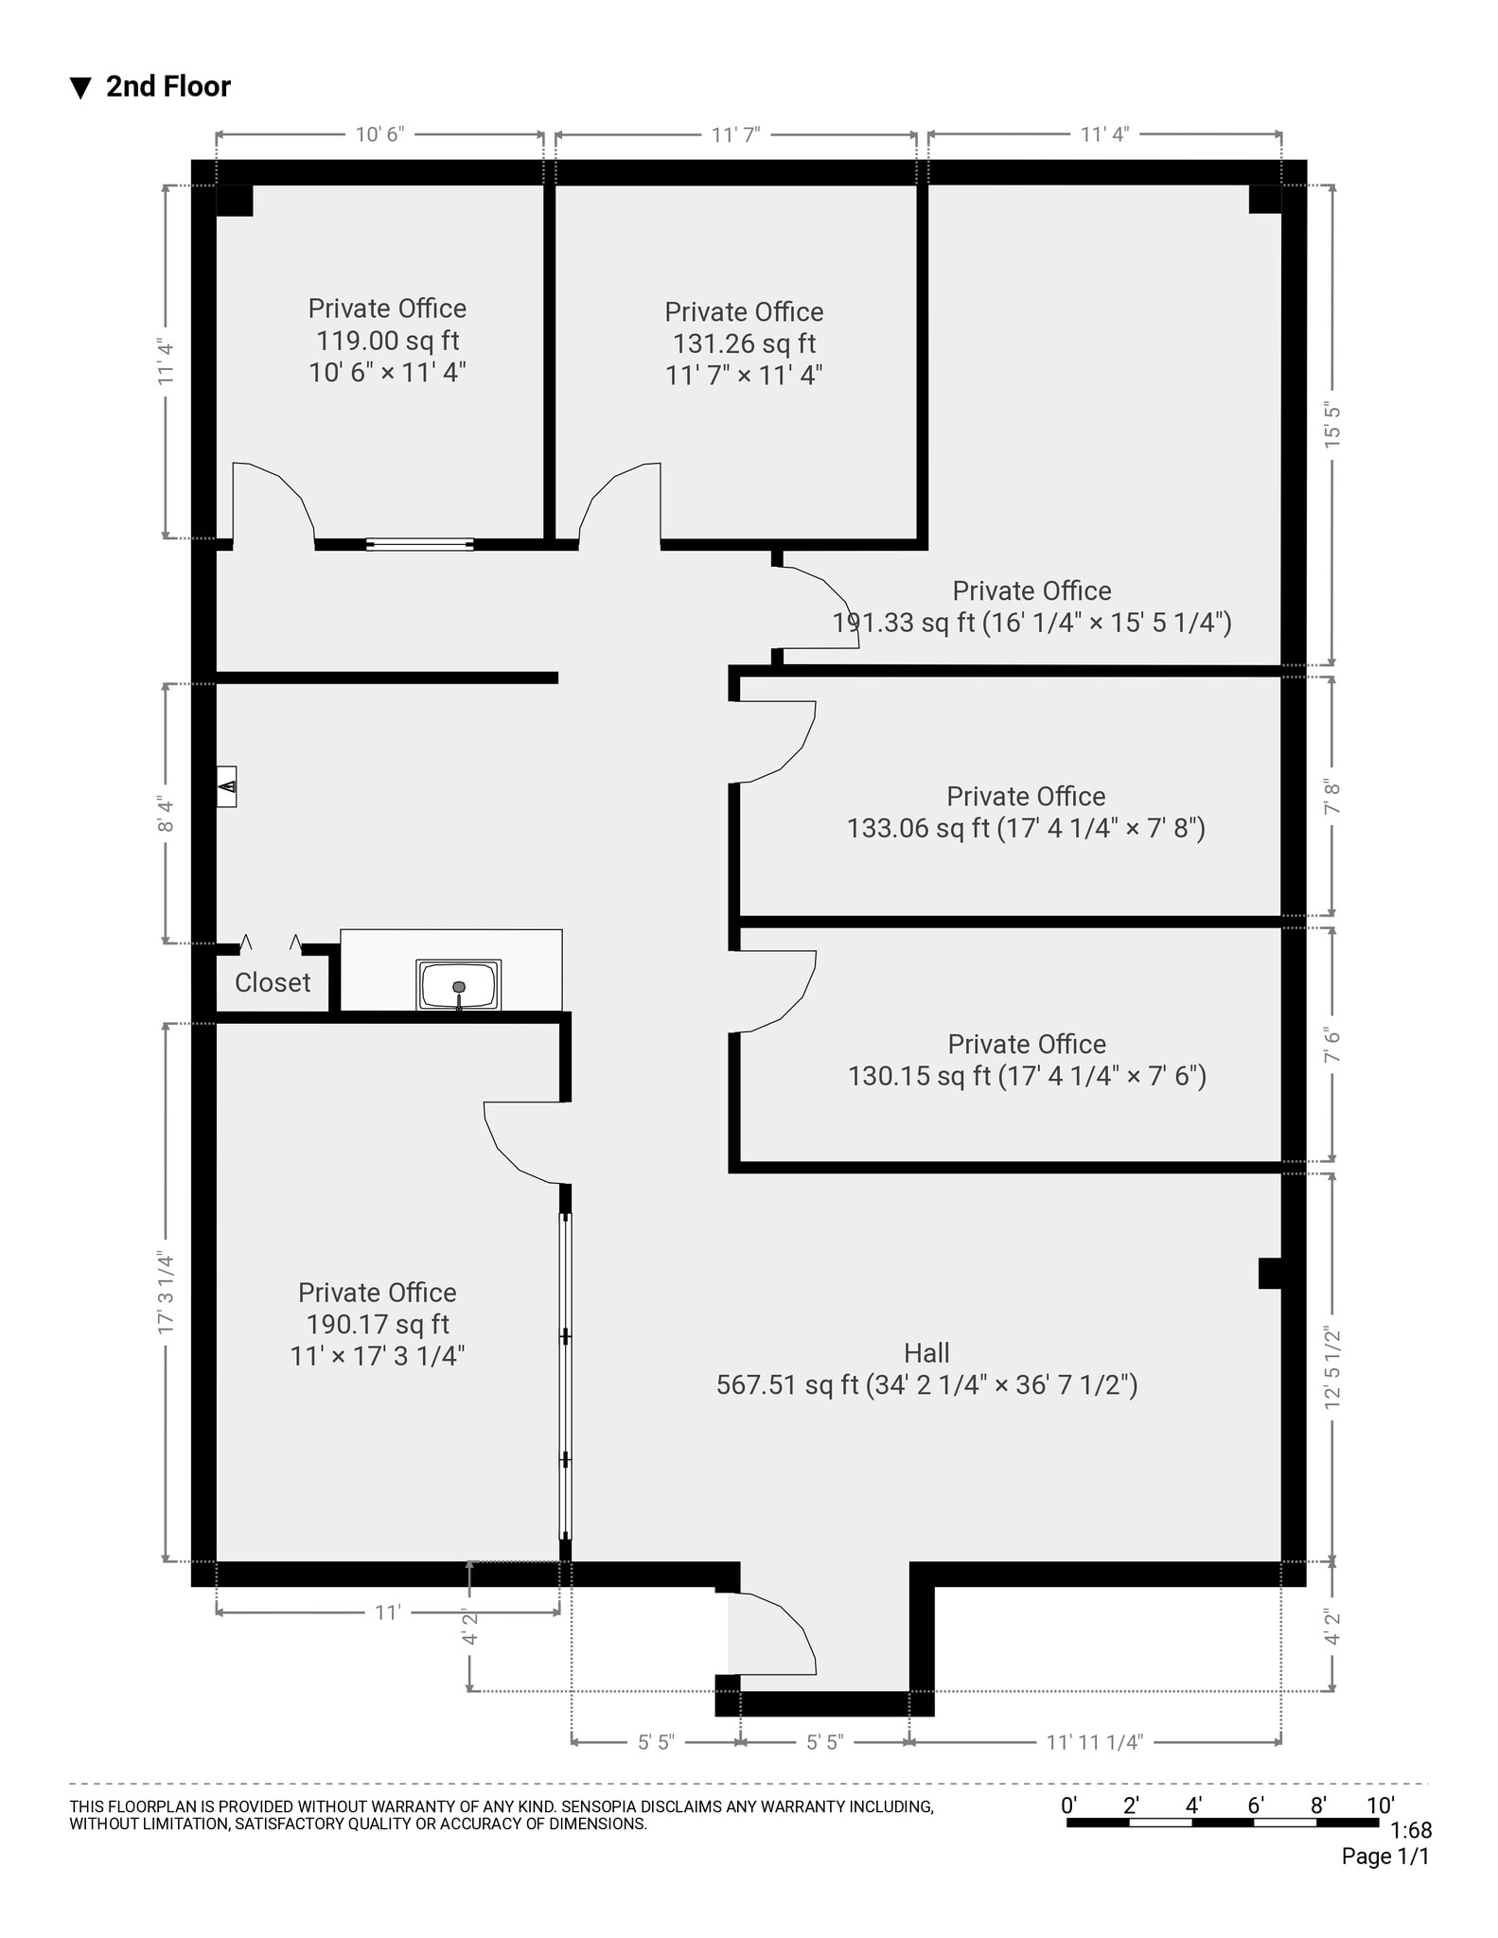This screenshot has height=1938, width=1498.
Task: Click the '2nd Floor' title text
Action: [x=167, y=87]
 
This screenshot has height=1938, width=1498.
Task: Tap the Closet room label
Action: [x=273, y=982]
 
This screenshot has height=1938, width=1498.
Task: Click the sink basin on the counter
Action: [x=459, y=986]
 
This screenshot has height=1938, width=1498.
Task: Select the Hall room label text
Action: [x=926, y=1352]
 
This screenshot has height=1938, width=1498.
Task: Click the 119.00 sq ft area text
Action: [x=387, y=341]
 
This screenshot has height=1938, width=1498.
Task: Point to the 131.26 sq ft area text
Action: [x=744, y=344]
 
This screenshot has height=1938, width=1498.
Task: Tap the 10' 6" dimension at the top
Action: [x=379, y=134]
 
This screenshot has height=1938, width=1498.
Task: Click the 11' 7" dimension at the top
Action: [x=735, y=134]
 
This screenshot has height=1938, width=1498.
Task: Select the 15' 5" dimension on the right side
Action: [x=1332, y=425]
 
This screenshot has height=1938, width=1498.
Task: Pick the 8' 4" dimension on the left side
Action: [x=167, y=813]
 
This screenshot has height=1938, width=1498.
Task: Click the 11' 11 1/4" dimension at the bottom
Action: [x=1094, y=1742]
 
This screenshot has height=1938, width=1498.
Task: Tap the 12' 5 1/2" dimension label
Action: [x=1332, y=1367]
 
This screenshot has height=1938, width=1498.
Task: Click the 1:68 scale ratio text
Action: [x=1411, y=1830]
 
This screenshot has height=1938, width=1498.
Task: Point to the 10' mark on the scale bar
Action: [x=1380, y=1805]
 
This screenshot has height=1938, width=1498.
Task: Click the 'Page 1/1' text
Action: [x=1384, y=1857]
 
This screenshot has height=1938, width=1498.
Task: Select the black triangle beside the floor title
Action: [x=80, y=88]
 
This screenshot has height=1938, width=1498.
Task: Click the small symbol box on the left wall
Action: [x=226, y=786]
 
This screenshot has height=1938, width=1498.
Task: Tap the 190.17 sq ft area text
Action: [x=378, y=1324]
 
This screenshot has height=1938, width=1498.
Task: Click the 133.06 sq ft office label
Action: [x=1026, y=828]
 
